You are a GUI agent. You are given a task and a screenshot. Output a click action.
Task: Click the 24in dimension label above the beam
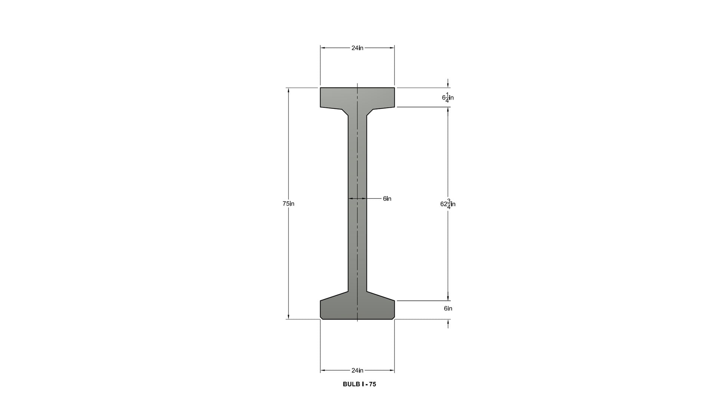(357, 48)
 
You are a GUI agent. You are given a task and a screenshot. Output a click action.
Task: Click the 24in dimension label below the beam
(357, 370)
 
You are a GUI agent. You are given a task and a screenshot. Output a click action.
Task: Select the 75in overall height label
(289, 204)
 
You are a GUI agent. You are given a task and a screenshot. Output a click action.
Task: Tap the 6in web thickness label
(387, 199)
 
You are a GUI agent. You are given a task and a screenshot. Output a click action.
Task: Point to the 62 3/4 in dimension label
(448, 204)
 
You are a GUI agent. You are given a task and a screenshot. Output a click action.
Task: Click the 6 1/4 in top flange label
(448, 98)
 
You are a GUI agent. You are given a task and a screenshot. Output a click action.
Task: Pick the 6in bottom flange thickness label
(448, 309)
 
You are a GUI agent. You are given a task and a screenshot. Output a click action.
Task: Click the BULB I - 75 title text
(359, 384)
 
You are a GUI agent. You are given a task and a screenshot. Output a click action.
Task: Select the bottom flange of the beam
(357, 307)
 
